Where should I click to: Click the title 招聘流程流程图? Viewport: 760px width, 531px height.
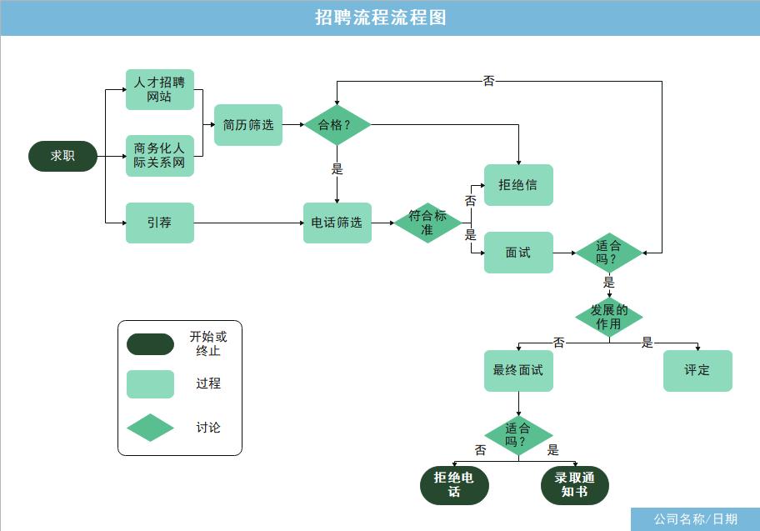[x=380, y=18]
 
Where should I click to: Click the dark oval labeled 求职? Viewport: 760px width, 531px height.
[x=63, y=156]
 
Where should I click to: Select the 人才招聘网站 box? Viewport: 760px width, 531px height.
[x=160, y=89]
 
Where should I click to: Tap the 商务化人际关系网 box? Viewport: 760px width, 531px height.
[x=160, y=156]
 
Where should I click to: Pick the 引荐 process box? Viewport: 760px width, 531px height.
[x=160, y=223]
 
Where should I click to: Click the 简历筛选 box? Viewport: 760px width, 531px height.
[x=248, y=125]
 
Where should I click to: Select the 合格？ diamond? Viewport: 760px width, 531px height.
[x=337, y=125]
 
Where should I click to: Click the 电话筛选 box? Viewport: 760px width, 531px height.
[x=337, y=223]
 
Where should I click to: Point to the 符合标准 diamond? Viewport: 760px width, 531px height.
[x=427, y=223]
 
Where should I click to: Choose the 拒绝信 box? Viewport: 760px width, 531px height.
[x=518, y=185]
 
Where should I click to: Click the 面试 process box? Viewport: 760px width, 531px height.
[x=518, y=252]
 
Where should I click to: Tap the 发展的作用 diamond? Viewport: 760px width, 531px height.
[x=609, y=317]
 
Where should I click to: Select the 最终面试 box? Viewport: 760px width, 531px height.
[x=518, y=370]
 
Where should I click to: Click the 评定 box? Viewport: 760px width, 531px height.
[x=697, y=370]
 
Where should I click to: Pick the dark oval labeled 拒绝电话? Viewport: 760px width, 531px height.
[x=454, y=485]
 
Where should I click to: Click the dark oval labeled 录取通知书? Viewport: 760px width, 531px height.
[x=575, y=485]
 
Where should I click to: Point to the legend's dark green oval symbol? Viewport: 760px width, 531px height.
[x=150, y=344]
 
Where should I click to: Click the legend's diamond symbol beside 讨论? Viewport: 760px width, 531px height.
[x=150, y=428]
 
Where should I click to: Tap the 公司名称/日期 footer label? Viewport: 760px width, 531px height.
[x=695, y=519]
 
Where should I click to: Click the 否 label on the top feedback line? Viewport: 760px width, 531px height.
[x=489, y=81]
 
